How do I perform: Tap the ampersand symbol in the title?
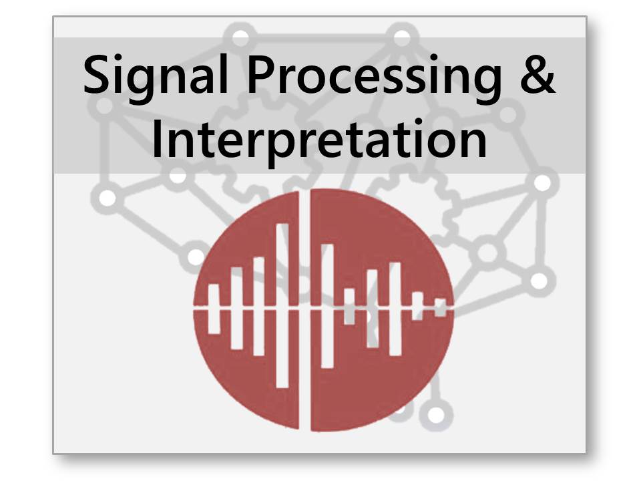538,74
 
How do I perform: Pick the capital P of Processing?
262,74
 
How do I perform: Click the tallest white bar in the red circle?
282,305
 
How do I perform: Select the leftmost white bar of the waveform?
214,309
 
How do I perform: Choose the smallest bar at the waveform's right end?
440,307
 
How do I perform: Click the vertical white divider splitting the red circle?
304,309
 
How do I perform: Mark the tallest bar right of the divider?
327,306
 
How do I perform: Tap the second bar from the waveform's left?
237,308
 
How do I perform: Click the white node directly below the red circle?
436,415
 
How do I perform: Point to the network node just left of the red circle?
195,257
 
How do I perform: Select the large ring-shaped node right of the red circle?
487,253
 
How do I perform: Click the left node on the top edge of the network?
241,37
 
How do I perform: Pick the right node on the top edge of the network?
402,37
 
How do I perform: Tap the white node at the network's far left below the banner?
108,198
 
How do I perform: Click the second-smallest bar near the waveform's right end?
417,306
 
